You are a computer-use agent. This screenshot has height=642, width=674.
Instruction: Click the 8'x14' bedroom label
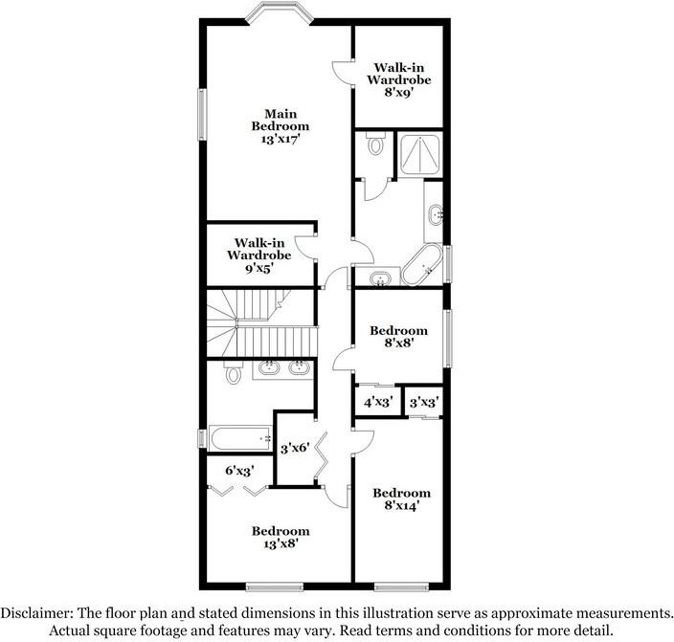(401, 500)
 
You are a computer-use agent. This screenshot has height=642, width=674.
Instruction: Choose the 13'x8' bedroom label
(281, 538)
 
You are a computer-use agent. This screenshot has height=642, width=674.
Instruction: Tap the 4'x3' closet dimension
(377, 403)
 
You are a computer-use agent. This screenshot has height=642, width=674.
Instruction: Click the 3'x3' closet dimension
(423, 403)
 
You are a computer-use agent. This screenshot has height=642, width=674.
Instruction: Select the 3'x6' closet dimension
(294, 447)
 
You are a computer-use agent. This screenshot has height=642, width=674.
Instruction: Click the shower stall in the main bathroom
(418, 154)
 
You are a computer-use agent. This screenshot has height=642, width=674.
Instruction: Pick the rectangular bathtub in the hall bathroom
(239, 439)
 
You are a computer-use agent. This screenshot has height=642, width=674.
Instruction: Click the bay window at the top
(278, 13)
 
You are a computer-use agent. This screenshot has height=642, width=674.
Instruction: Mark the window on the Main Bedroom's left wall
(201, 115)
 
